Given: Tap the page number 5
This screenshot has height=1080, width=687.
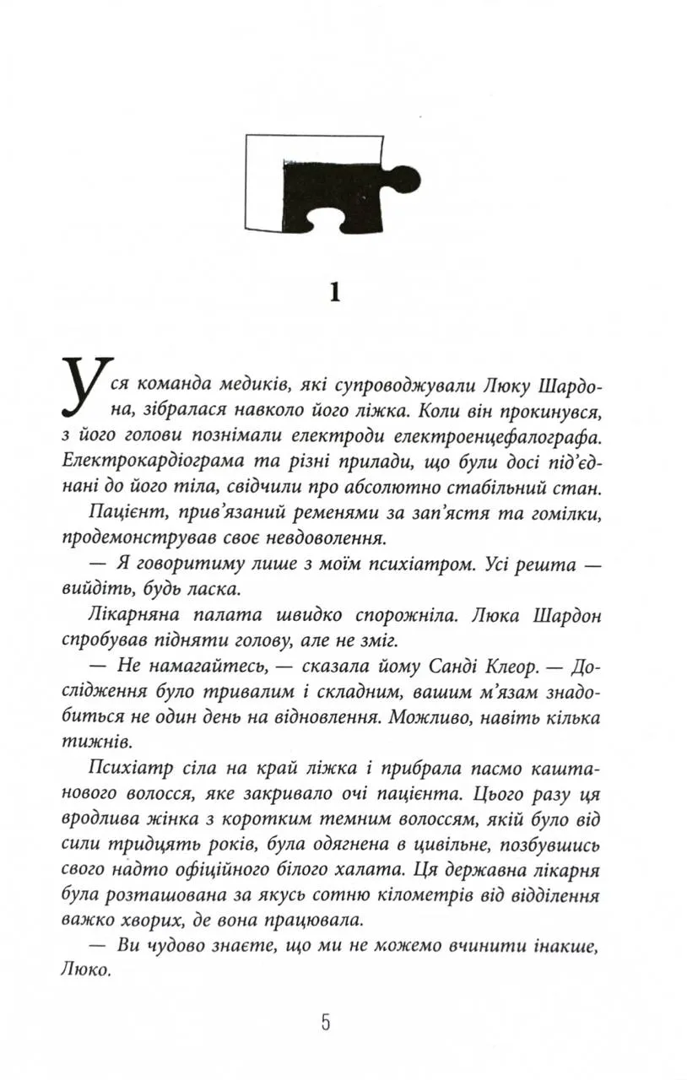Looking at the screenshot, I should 326,1023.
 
